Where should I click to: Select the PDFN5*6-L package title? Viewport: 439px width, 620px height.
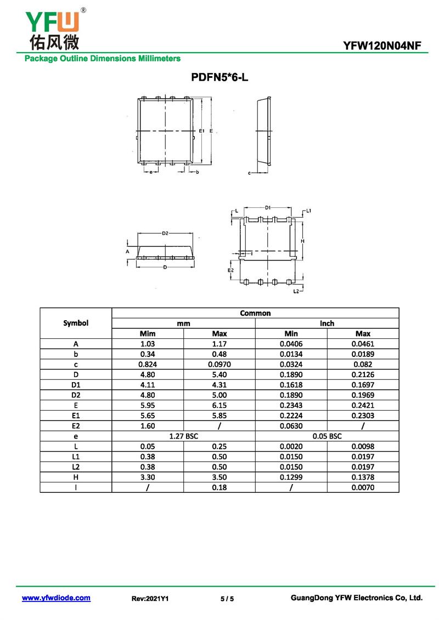[219, 77]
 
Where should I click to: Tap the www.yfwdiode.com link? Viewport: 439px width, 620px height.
[56, 598]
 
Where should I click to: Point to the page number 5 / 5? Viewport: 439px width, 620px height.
[227, 599]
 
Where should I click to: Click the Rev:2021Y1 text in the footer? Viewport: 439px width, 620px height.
[150, 599]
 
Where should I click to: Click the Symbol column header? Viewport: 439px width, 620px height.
[76, 323]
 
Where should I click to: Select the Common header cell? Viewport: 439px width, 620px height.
[255, 313]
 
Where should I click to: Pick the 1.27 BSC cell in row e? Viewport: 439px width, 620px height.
[183, 436]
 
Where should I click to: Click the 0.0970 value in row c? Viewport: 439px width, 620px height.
[219, 364]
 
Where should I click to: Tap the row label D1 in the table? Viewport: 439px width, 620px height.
[76, 384]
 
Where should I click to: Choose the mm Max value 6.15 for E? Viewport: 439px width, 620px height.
[219, 405]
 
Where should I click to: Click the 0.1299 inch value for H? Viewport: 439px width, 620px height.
[291, 477]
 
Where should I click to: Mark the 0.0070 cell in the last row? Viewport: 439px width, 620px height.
[363, 487]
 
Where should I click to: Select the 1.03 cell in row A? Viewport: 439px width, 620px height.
[148, 344]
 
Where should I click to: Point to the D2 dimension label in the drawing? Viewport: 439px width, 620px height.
[165, 234]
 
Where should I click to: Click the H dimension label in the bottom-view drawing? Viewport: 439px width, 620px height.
[302, 241]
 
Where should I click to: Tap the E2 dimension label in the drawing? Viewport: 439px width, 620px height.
[231, 271]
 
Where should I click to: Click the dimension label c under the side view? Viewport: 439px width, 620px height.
[249, 173]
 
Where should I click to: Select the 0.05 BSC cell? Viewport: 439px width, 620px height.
[327, 436]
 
